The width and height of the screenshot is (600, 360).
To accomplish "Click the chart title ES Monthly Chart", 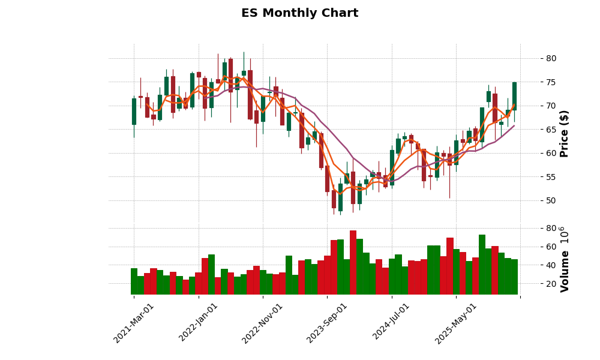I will pos(299,13).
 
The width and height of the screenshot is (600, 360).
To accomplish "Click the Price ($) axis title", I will pos(564,133).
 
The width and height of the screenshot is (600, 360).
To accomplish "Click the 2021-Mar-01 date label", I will pos(134,323).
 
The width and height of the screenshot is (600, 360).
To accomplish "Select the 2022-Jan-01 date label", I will pos(199,323).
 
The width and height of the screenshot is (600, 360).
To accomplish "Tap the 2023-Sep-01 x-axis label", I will pos(328,323).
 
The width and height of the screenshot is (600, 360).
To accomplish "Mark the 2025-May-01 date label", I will pos(456,323).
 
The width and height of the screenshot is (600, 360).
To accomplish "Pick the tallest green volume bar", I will pos(482,265).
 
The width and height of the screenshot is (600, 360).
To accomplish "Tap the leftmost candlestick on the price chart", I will pos(134,112).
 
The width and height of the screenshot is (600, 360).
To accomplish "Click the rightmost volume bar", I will pos(514,277).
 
